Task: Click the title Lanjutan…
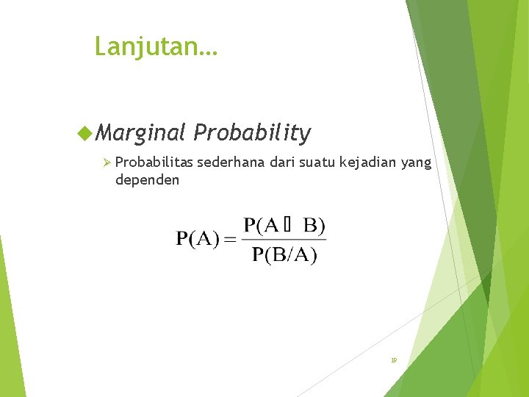click(156, 47)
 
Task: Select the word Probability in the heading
click(252, 133)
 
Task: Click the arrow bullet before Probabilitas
click(107, 162)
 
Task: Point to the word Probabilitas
click(154, 162)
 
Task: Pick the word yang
click(417, 162)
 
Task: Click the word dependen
click(147, 179)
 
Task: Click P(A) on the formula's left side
click(197, 239)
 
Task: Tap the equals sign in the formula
click(230, 240)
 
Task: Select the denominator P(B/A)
click(284, 255)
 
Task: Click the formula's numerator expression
click(284, 225)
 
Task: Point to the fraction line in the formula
click(284, 239)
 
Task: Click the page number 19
click(394, 360)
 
